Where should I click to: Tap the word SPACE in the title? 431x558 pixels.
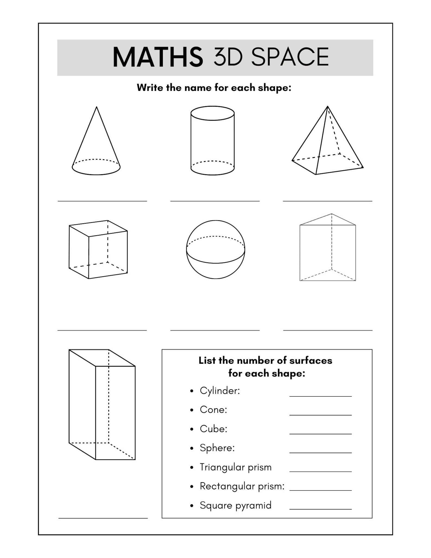click(290, 57)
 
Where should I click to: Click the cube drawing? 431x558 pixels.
click(98, 250)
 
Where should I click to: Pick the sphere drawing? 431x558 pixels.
click(215, 249)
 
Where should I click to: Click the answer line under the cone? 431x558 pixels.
click(102, 201)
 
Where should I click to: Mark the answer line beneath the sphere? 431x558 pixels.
click(215, 330)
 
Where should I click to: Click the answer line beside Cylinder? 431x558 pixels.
click(320, 396)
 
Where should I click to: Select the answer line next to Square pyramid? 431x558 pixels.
click(320, 509)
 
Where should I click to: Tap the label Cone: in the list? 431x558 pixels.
click(213, 410)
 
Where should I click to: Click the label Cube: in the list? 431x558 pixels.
click(213, 429)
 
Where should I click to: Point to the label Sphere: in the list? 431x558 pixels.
click(217, 448)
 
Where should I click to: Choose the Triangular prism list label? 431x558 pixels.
click(236, 467)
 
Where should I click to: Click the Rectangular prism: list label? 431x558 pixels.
click(242, 486)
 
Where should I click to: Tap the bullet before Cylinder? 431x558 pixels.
click(192, 391)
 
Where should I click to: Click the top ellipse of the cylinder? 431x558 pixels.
click(213, 113)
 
